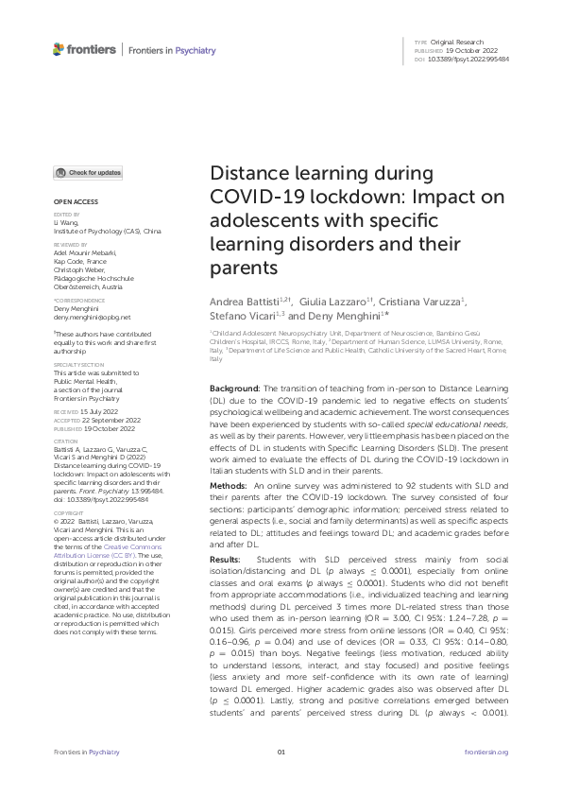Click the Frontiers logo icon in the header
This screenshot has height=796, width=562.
coord(59,49)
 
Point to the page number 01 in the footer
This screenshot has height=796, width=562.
coord(281,778)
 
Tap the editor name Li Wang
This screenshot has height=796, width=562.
coord(65,223)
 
